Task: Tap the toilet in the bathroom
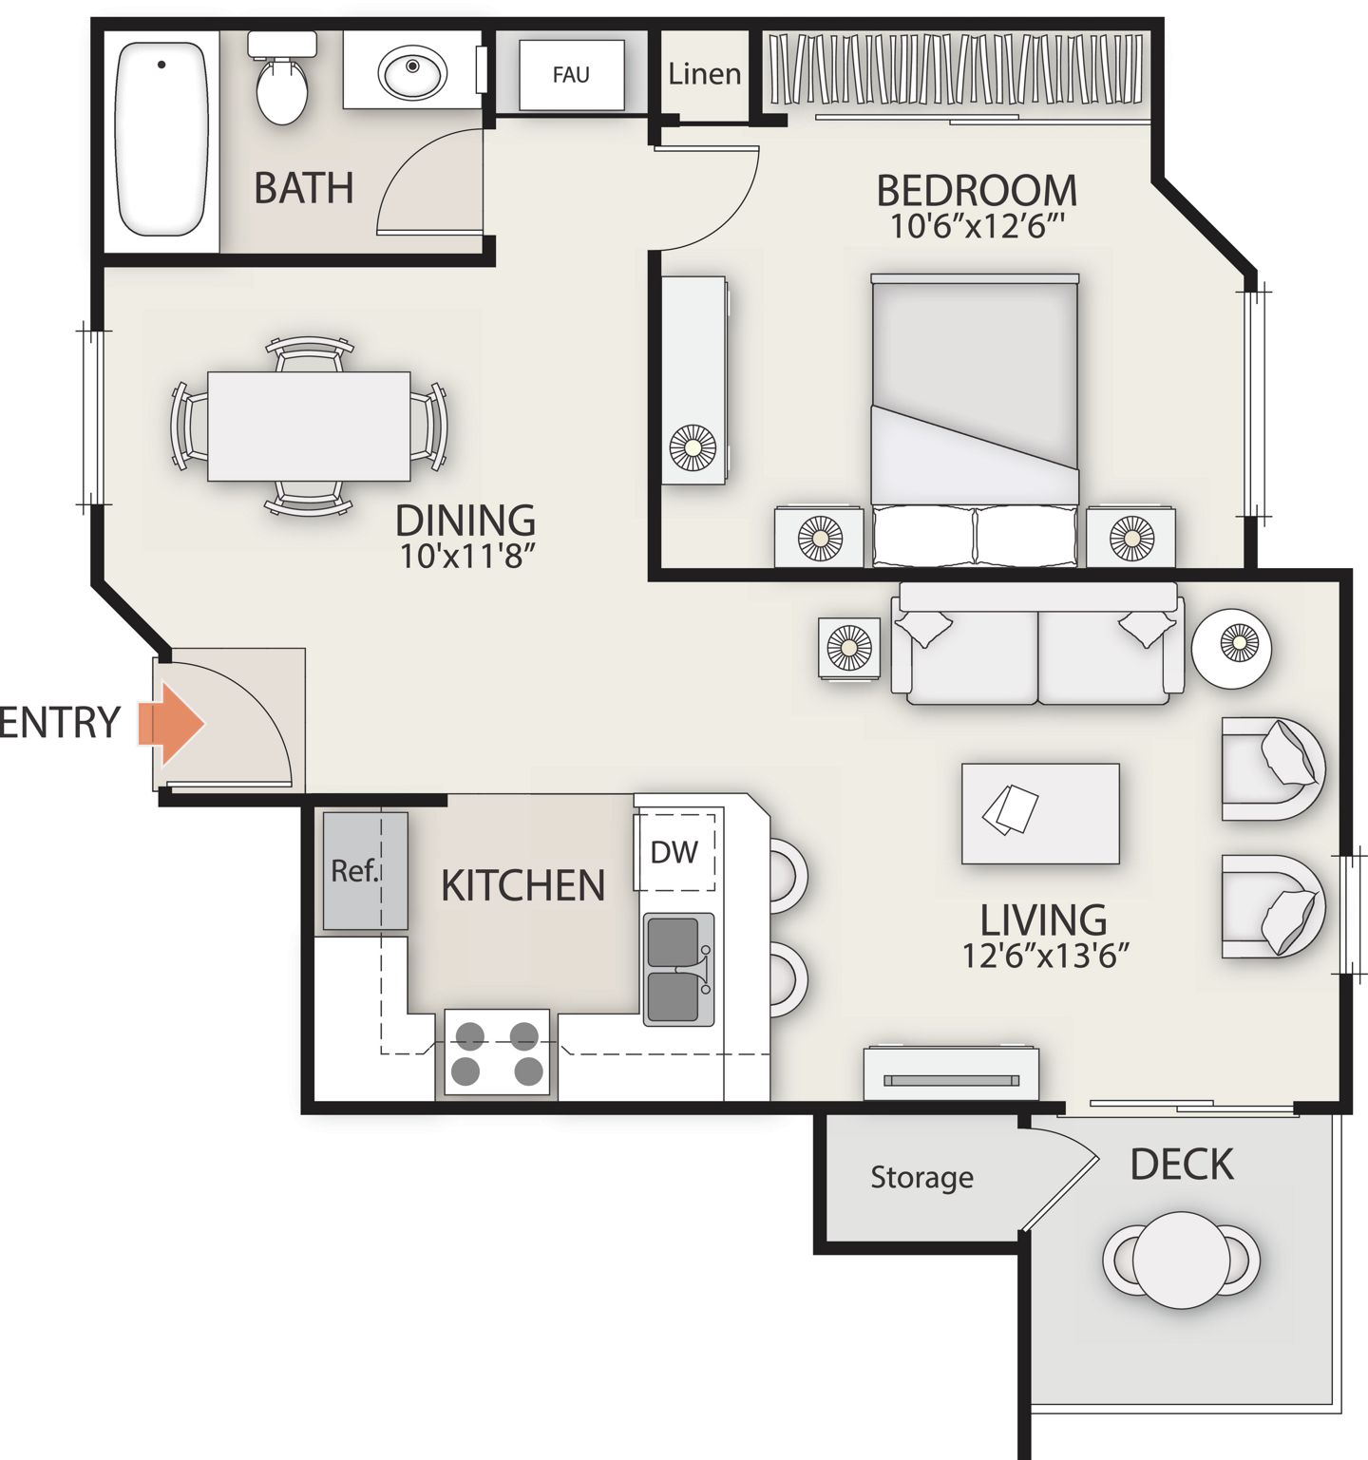tap(282, 78)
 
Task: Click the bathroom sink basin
tap(412, 70)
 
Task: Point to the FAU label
tap(571, 74)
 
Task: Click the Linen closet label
tap(704, 73)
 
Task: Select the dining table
tap(309, 426)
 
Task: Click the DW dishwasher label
tap(674, 852)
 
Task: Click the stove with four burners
tap(497, 1052)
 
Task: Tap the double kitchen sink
tap(678, 969)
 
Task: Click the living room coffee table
tap(1040, 813)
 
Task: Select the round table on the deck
tap(1182, 1261)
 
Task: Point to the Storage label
tap(921, 1178)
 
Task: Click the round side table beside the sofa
tap(1232, 648)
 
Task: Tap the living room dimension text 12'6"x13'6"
tap(1045, 955)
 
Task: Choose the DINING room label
tap(465, 521)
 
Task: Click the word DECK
tap(1182, 1165)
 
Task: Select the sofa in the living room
tap(1038, 643)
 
